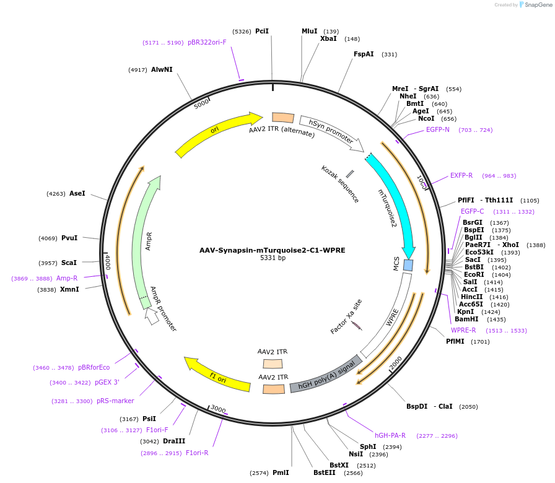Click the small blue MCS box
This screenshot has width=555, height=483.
coord(408,265)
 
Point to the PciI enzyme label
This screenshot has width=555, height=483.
coord(262,31)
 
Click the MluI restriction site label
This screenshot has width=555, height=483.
coord(310,31)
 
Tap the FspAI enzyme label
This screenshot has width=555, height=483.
coord(364,54)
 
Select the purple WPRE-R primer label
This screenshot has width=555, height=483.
coord(463,330)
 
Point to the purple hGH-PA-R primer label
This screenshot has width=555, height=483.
coord(390,435)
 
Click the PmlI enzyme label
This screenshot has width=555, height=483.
coord(281,472)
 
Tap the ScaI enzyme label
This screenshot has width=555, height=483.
coord(69,263)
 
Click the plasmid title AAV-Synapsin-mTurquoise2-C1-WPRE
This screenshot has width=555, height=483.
coord(272,250)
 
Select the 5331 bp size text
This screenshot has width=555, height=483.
coord(273,258)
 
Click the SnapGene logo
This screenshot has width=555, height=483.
coord(535,5)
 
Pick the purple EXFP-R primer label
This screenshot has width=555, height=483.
coord(461,175)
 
